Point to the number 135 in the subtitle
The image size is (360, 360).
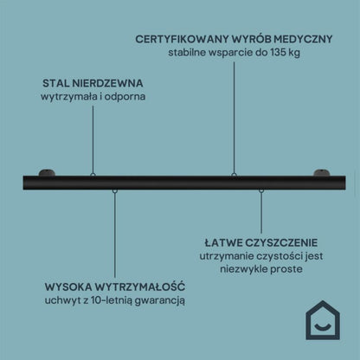coord(277,53)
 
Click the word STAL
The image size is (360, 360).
coord(56,83)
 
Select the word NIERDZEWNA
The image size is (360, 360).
coord(107,83)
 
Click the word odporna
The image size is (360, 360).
coord(125,97)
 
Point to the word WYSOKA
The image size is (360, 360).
coord(68,287)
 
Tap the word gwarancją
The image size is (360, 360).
coord(160,301)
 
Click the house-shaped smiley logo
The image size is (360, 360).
coord(323,320)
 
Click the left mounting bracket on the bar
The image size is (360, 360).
coord(47,172)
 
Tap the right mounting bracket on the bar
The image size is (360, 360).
coord(322,172)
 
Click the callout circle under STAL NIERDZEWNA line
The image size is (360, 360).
coord(93,175)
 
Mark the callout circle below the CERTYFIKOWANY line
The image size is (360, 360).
coord(234,175)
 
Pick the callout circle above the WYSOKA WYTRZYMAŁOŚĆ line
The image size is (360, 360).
coord(115,190)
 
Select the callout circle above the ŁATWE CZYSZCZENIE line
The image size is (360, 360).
coord(261,190)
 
